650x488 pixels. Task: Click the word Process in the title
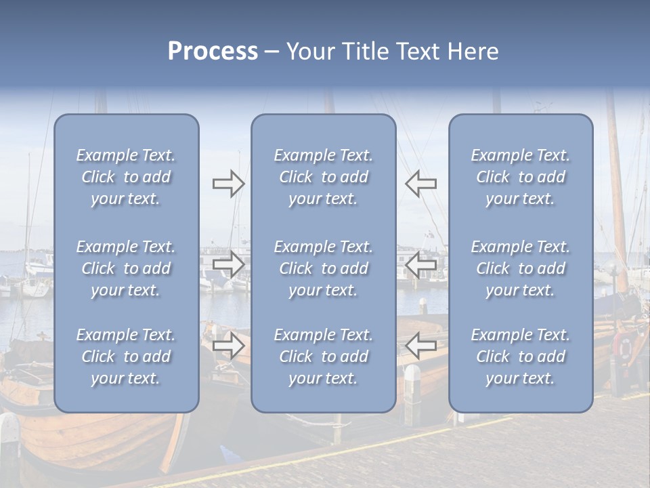pyautogui.click(x=213, y=52)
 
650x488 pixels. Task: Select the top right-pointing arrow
pyautogui.click(x=229, y=183)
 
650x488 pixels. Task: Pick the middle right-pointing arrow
pyautogui.click(x=229, y=264)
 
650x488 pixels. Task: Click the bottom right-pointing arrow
pyautogui.click(x=229, y=346)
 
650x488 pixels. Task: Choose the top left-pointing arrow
pyautogui.click(x=420, y=183)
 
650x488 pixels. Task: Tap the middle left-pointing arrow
pyautogui.click(x=420, y=264)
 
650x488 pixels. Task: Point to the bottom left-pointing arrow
pyautogui.click(x=420, y=346)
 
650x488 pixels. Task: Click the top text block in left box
pyautogui.click(x=126, y=177)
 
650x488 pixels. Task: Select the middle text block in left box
pyautogui.click(x=126, y=268)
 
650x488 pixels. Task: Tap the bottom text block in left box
pyautogui.click(x=126, y=357)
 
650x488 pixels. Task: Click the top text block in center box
pyautogui.click(x=324, y=177)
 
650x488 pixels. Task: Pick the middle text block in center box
pyautogui.click(x=324, y=268)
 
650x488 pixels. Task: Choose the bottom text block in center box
pyautogui.click(x=324, y=357)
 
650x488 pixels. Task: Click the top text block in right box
pyautogui.click(x=521, y=177)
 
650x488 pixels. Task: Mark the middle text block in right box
pyautogui.click(x=521, y=268)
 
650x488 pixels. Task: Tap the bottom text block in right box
pyautogui.click(x=521, y=357)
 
